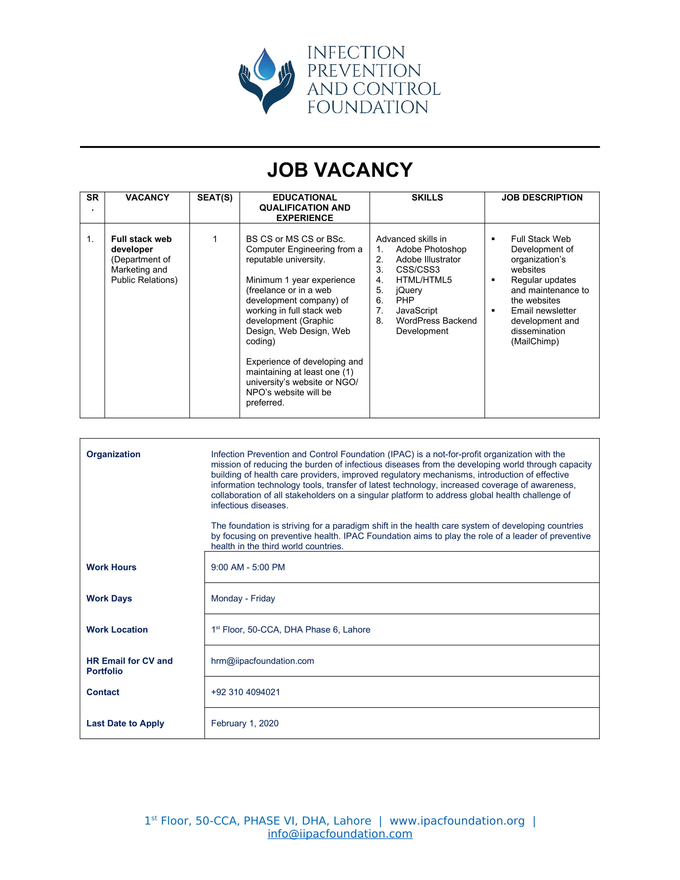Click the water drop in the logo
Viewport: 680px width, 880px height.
pos(265,64)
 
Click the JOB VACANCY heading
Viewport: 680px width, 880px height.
pos(340,170)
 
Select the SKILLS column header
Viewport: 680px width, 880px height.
pos(427,198)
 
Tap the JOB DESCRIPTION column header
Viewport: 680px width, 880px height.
pos(542,198)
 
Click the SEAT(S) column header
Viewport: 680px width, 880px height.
pos(215,198)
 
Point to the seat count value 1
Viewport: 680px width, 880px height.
pos(215,239)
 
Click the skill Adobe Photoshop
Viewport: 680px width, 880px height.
pos(431,250)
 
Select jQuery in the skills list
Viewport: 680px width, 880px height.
pos(409,290)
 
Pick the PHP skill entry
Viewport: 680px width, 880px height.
pos(405,300)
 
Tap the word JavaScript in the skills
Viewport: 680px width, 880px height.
pos(416,311)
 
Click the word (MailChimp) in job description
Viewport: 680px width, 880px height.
pos(534,341)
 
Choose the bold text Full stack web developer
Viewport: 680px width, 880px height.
pos(141,244)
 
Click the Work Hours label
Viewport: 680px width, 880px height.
pos(111,567)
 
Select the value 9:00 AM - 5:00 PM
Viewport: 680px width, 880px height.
pos(248,567)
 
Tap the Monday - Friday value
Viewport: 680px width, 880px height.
pos(243,598)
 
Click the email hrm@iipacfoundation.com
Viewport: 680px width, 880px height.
pos(262,661)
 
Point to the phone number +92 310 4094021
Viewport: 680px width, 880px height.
pos(245,692)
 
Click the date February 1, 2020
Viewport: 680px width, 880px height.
pos(244,723)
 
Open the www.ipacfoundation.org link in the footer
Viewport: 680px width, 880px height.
pos(457,821)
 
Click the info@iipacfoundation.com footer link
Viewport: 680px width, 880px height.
pos(340,834)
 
